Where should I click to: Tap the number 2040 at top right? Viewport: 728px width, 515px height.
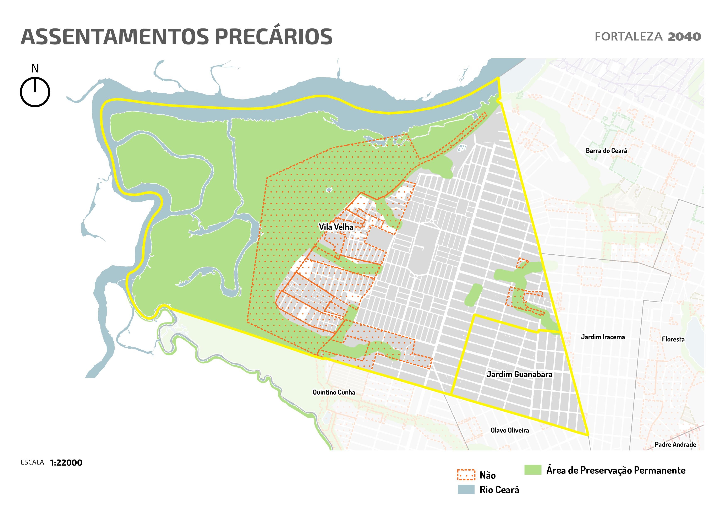point(684,37)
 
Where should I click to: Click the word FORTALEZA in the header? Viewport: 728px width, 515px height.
point(628,37)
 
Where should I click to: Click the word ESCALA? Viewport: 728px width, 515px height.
point(32,462)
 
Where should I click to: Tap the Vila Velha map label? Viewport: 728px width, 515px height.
point(336,227)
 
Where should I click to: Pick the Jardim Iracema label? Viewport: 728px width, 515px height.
point(603,337)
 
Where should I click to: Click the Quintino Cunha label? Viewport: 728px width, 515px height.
point(334,392)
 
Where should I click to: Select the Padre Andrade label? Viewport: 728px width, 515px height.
point(675,445)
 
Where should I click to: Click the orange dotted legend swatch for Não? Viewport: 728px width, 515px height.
point(466,475)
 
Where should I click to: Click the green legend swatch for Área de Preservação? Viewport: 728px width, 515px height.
point(533,470)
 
